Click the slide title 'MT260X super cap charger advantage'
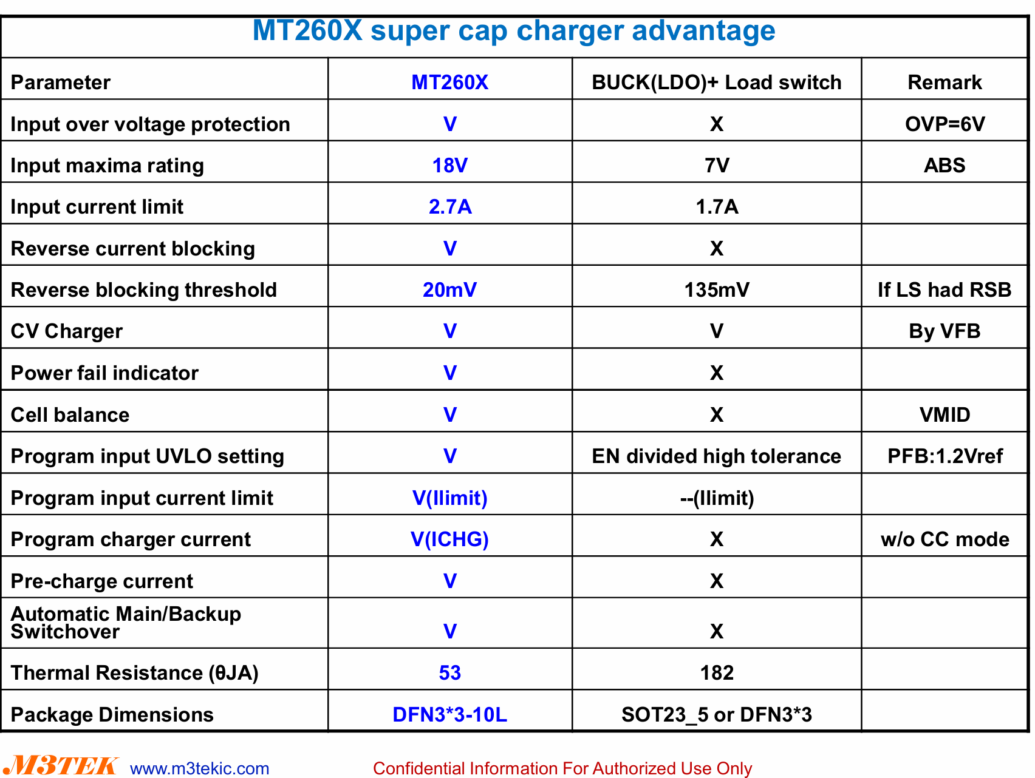pos(514,31)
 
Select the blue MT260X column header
pos(449,83)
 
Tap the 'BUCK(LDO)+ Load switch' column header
pos(717,83)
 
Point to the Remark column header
pos(944,83)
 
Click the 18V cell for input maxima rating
pos(449,166)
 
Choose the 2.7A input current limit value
pos(450,207)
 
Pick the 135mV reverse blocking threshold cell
pos(717,290)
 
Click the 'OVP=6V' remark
pos(944,124)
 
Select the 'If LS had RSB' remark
pos(944,290)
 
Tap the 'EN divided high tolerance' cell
pos(717,456)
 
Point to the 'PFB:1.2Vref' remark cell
pos(945,456)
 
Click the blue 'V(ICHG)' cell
pos(449,540)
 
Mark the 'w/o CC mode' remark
pos(945,540)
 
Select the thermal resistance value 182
pos(717,673)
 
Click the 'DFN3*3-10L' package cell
pos(449,715)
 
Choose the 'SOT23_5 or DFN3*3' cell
pos(717,715)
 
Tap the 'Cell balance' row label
pos(70,415)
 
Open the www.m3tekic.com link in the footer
pos(200,769)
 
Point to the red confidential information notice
pos(562,769)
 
